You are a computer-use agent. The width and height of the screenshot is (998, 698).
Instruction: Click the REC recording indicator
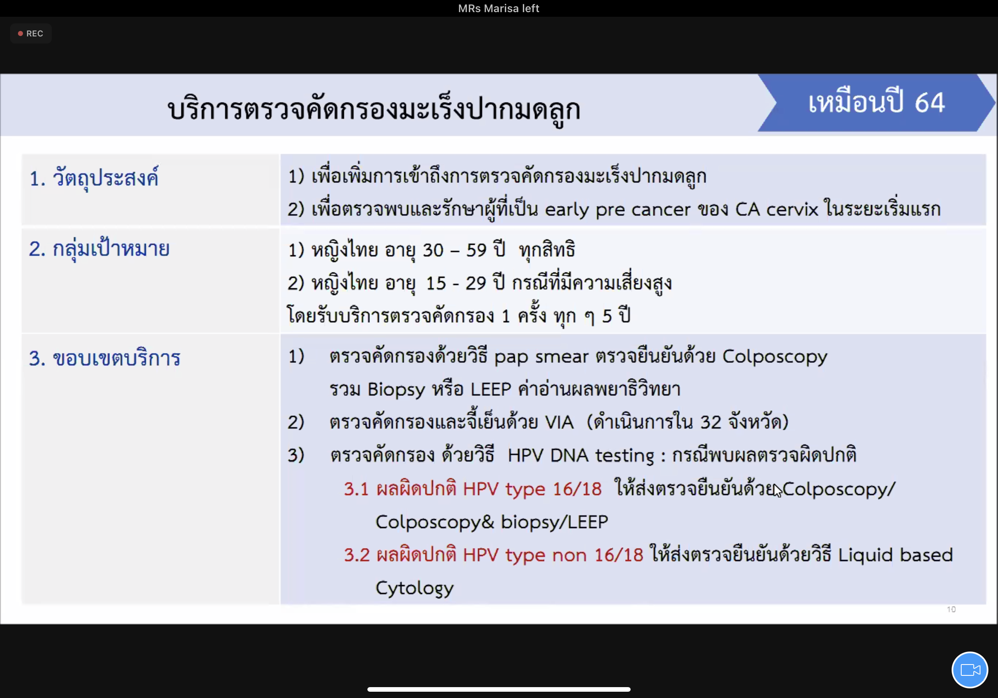31,33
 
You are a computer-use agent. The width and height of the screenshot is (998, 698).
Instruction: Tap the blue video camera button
970,670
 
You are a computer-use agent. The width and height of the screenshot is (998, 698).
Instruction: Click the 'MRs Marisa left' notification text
499,8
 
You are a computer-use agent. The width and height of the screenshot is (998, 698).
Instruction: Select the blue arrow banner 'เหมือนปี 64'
876,103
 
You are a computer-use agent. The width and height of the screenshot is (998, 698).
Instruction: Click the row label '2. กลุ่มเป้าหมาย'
99,249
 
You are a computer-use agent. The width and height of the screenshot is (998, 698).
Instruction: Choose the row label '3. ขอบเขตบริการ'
105,358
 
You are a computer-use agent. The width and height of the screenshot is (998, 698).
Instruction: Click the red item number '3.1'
356,489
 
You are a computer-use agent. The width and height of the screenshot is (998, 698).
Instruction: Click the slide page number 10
951,609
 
